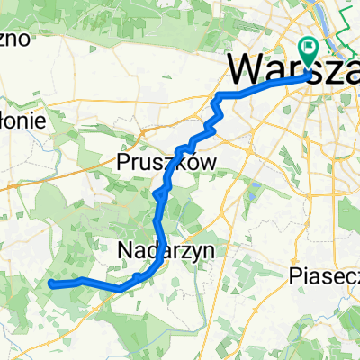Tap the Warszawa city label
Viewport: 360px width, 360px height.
(x=292, y=69)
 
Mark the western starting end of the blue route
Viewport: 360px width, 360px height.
(x=50, y=283)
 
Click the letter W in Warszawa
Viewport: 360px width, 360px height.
(x=246, y=69)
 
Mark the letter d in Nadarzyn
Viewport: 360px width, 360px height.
(x=156, y=249)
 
